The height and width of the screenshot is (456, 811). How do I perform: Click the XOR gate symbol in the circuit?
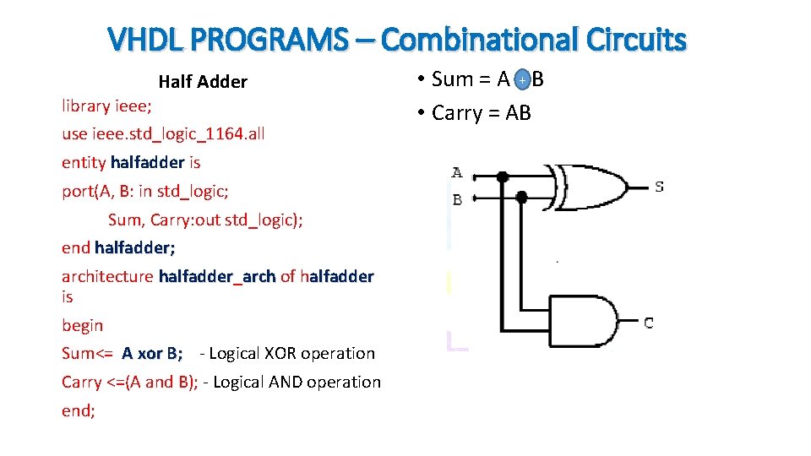pyautogui.click(x=591, y=187)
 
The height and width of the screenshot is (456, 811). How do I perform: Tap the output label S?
pyautogui.click(x=659, y=186)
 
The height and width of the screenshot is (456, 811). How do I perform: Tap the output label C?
pyautogui.click(x=648, y=323)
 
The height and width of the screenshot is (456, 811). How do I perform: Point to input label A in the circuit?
pyautogui.click(x=457, y=173)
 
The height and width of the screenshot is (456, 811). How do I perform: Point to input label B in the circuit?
pyautogui.click(x=457, y=200)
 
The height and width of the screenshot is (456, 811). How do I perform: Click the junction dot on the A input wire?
pyautogui.click(x=503, y=176)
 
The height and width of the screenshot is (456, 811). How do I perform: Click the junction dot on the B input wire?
pyautogui.click(x=521, y=197)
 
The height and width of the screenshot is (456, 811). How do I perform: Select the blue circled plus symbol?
pyautogui.click(x=522, y=79)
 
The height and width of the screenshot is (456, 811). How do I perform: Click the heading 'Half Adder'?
pyautogui.click(x=203, y=82)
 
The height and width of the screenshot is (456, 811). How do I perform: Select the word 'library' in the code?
pyautogui.click(x=86, y=106)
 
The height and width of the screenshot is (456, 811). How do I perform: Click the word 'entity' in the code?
pyautogui.click(x=84, y=162)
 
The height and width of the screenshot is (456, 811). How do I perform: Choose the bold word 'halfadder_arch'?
pyautogui.click(x=217, y=276)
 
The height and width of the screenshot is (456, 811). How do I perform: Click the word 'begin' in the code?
pyautogui.click(x=82, y=325)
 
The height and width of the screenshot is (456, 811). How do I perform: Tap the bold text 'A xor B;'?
pyautogui.click(x=152, y=354)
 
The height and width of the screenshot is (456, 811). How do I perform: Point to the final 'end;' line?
pyautogui.click(x=78, y=410)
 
